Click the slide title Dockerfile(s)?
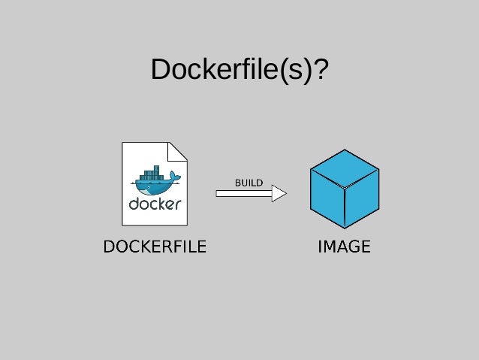click(x=239, y=71)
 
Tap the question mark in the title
click(x=321, y=71)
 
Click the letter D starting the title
click(x=161, y=71)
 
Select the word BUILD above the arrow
click(x=249, y=183)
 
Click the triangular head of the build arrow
click(x=279, y=194)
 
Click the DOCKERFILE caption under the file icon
click(x=155, y=246)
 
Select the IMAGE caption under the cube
click(x=344, y=246)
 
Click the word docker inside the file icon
click(x=155, y=203)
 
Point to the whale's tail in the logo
click(x=175, y=177)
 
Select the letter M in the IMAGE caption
click(x=332, y=246)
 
